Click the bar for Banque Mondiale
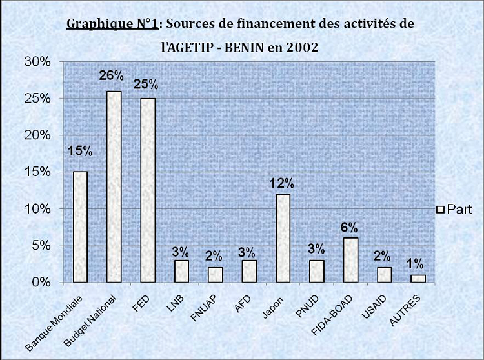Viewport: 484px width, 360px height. [80, 226]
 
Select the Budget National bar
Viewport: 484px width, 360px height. [114, 186]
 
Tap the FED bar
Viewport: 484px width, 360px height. [148, 190]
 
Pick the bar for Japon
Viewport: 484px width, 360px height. [283, 238]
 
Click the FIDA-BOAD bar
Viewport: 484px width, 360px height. [350, 260]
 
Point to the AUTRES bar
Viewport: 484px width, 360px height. [418, 278]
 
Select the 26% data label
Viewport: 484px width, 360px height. [111, 76]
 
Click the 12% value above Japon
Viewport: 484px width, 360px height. [282, 183]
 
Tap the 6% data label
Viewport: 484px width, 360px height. [350, 227]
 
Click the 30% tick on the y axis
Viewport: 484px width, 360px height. [37, 62]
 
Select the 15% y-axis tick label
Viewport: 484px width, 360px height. [37, 172]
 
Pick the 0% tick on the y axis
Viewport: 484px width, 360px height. [41, 283]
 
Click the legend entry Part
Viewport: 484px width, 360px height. [455, 209]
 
